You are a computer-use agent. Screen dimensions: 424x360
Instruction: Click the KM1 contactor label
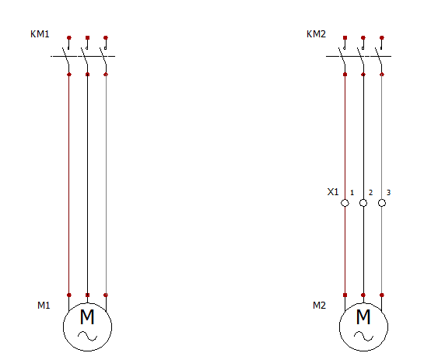(x=40, y=34)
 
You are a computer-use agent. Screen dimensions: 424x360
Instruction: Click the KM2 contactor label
(x=316, y=34)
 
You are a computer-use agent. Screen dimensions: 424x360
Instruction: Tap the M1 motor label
(x=44, y=306)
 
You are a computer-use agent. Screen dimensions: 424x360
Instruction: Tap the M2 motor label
(x=319, y=306)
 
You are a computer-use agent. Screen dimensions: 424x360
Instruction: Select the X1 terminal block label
(x=333, y=192)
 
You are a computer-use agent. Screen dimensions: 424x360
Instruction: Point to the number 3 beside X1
(x=388, y=192)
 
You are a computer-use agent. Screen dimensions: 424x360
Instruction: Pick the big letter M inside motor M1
(x=87, y=316)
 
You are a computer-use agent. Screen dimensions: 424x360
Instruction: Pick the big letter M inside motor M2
(x=363, y=316)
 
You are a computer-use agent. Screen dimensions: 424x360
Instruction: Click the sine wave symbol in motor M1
(x=88, y=336)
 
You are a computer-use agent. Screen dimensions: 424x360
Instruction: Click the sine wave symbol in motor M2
(x=363, y=336)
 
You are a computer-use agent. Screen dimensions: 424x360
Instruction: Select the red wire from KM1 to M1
(x=69, y=185)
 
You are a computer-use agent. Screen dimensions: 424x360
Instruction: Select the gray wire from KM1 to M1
(x=106, y=185)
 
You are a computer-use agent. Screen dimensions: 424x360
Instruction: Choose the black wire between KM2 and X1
(x=363, y=137)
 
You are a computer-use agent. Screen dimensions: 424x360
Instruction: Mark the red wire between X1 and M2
(x=345, y=251)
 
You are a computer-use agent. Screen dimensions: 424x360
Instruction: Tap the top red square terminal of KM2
(x=345, y=38)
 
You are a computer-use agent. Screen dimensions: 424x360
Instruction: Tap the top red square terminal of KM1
(x=87, y=38)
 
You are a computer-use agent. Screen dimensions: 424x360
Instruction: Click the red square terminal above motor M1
(x=87, y=295)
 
